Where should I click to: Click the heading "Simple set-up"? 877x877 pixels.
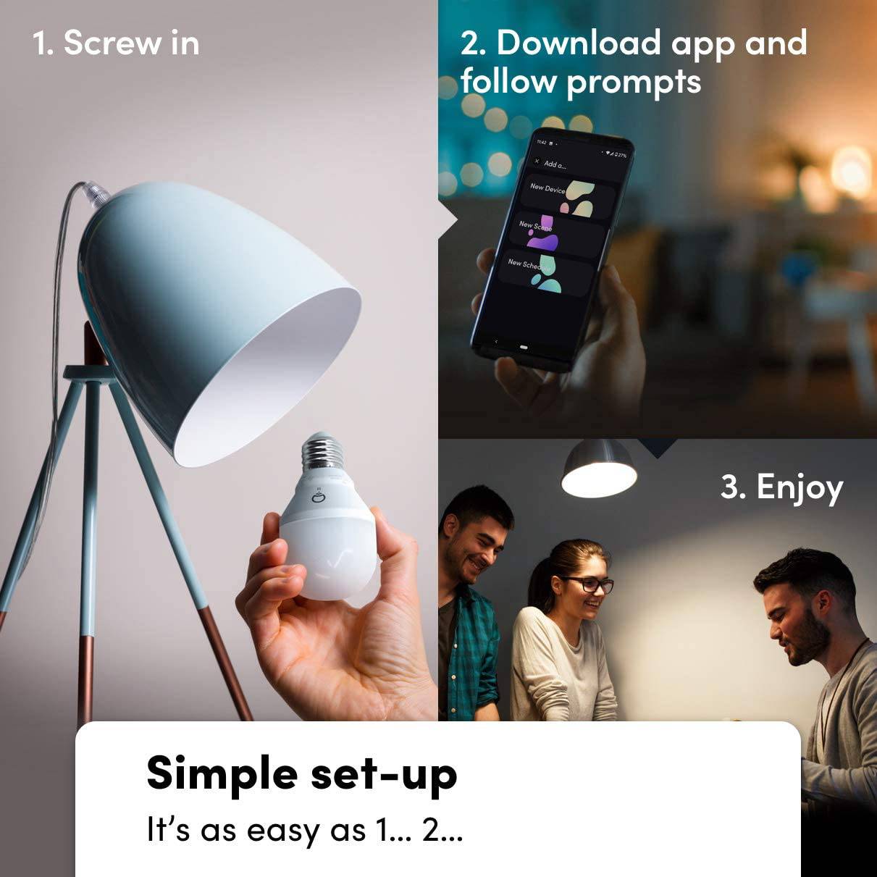(301, 773)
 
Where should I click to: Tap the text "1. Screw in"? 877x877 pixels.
(116, 43)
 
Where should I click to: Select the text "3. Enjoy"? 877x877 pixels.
(781, 487)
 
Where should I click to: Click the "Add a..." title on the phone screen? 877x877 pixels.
(555, 164)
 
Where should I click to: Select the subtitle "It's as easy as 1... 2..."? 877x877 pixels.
(304, 830)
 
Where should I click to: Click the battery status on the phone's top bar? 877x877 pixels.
(619, 154)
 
